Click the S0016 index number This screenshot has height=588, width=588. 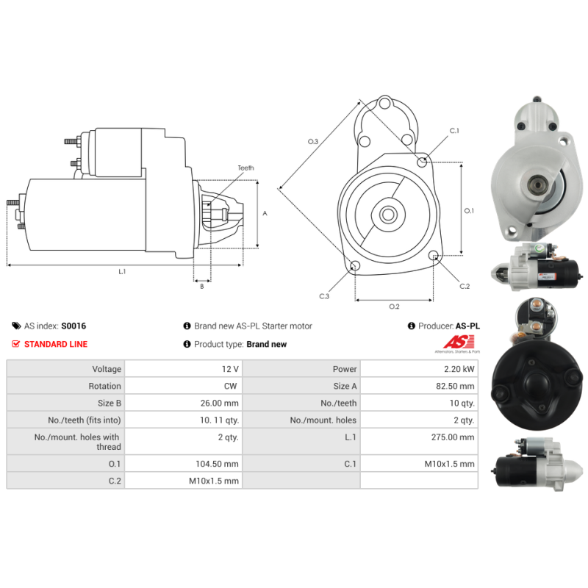73,326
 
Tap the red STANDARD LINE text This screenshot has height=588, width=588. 56,344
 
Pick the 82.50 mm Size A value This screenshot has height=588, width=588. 455,386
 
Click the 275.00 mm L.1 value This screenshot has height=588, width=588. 453,437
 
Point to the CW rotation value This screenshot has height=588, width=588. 230,386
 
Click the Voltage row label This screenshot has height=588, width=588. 107,369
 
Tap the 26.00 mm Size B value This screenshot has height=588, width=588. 219,403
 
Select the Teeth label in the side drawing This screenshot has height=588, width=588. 245,168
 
